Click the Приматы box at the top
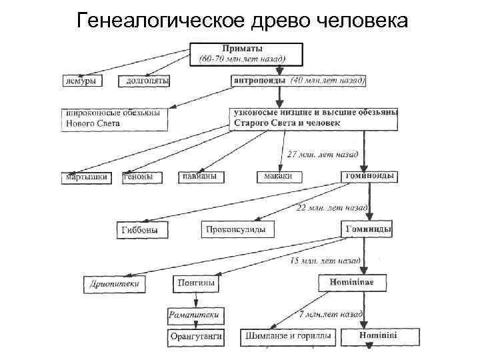click(246, 54)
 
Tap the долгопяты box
click(144, 81)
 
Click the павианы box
click(202, 177)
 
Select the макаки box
click(279, 177)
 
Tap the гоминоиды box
click(370, 176)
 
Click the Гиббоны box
click(142, 230)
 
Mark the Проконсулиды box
click(236, 230)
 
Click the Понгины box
click(196, 283)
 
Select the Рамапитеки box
click(194, 314)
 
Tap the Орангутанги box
click(195, 336)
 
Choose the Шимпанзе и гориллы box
click(288, 336)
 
